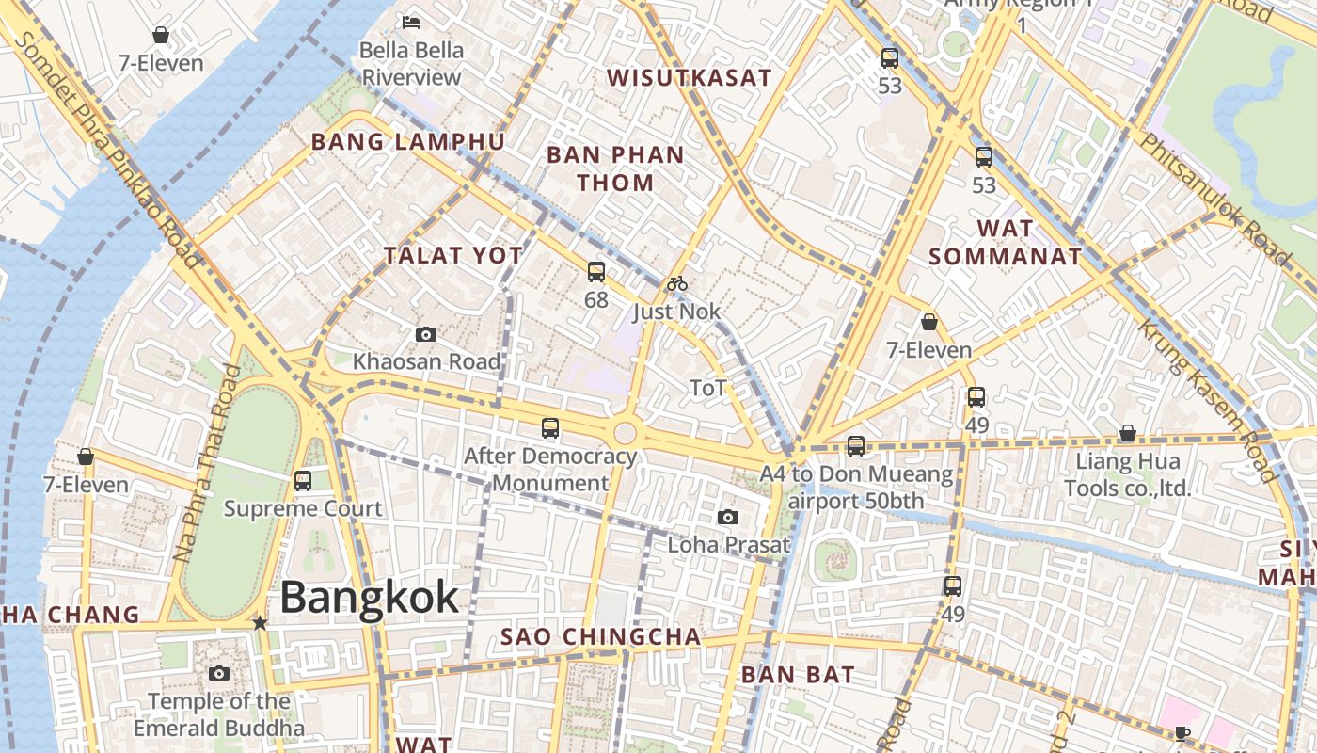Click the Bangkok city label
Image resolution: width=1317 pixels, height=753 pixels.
pos(370,598)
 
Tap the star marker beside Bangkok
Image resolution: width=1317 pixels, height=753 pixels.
pos(260,623)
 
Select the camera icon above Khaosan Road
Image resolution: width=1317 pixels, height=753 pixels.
pos(425,335)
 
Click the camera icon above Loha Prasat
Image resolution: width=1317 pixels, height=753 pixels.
pos(727,517)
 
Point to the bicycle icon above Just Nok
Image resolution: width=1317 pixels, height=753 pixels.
pos(676,283)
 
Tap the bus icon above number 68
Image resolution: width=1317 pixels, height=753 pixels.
pos(595,273)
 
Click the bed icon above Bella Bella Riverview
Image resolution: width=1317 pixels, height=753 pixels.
pos(411,22)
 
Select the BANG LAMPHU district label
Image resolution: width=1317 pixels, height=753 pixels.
pos(407,142)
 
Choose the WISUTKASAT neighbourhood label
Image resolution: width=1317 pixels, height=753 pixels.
pos(689,78)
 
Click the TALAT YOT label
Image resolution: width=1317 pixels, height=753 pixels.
pos(452,255)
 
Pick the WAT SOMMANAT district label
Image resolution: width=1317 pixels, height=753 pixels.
pos(1006,242)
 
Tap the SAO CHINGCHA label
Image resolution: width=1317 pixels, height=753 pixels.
pos(600,637)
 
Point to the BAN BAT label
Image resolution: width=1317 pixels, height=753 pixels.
pos(798,674)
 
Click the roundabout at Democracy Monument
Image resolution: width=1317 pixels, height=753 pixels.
pos(625,434)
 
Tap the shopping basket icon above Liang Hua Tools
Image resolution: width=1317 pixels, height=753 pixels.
pos(1127,434)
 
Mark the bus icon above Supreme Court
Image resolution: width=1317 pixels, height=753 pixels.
pos(302,481)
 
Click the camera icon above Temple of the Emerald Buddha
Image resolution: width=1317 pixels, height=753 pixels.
pos(219,673)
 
